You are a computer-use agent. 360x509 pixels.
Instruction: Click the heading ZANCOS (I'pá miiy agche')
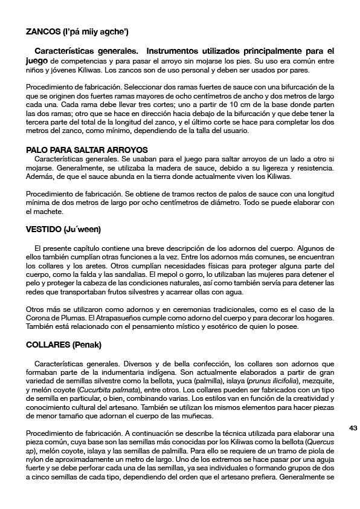pyautogui.click(x=77, y=31)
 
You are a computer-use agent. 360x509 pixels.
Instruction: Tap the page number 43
pyautogui.click(x=353, y=427)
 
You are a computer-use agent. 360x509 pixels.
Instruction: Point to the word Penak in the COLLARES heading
pyautogui.click(x=89, y=345)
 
